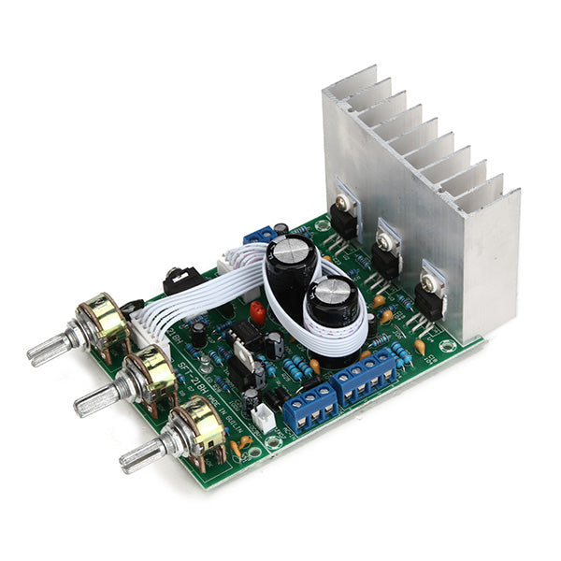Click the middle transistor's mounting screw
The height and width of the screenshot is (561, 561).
click(x=384, y=241)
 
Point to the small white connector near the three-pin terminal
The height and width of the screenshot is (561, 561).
click(x=265, y=418)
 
